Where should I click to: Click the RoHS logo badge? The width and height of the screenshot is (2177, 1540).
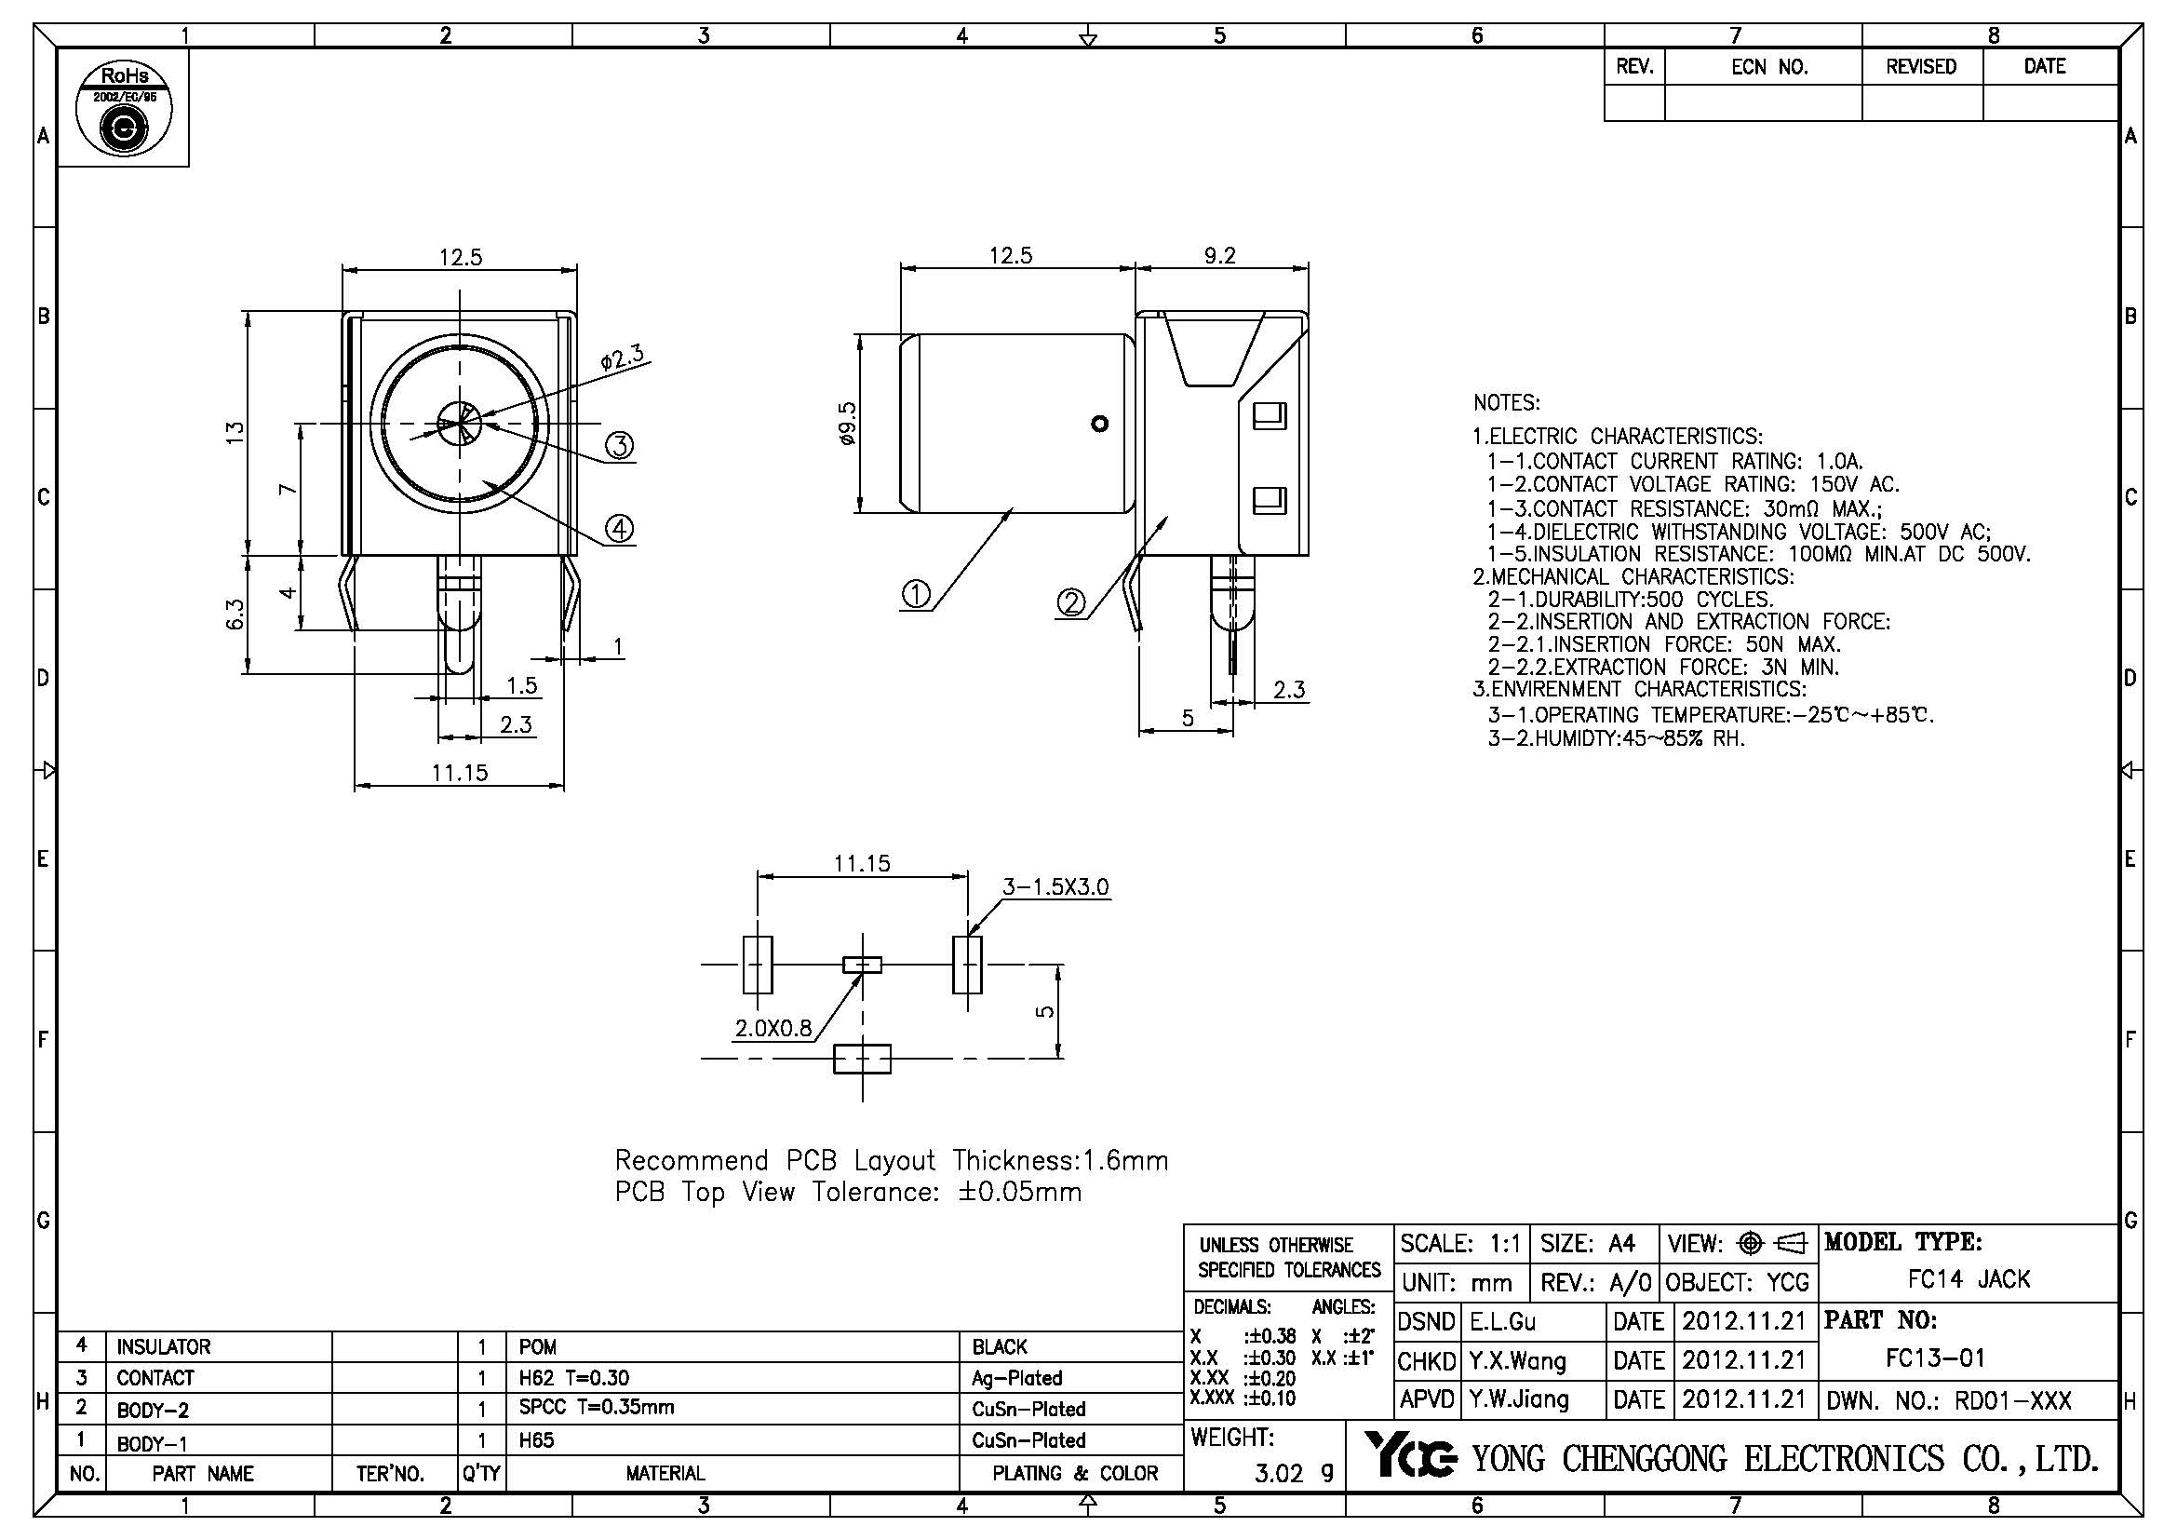[x=123, y=109]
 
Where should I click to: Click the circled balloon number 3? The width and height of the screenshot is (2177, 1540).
[x=619, y=445]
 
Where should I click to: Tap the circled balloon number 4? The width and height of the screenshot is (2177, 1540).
[x=619, y=528]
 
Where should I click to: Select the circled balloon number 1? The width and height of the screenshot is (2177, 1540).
[x=916, y=595]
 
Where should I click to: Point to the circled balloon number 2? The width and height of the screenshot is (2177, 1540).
[x=1071, y=602]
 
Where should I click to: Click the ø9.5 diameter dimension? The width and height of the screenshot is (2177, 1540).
[x=848, y=424]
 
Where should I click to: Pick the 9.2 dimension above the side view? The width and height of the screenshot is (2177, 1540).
[x=1220, y=255]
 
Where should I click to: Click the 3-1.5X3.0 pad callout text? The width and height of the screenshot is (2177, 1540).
[x=1055, y=886]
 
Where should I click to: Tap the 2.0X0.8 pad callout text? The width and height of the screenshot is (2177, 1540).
[x=773, y=1028]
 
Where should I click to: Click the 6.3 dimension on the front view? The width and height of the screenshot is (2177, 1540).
[x=236, y=614]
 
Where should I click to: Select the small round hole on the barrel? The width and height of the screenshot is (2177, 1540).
[x=1100, y=423]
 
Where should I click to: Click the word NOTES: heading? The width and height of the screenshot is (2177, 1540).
[x=1507, y=403]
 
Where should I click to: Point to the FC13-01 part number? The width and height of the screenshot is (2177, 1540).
[x=1935, y=1358]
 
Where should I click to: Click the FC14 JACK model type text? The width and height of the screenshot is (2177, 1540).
[x=1969, y=1279]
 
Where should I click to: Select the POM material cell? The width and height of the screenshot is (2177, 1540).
[x=538, y=1346]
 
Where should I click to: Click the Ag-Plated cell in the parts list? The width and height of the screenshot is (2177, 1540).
[x=1016, y=1378]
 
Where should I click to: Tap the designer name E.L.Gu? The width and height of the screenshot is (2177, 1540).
[x=1503, y=1322]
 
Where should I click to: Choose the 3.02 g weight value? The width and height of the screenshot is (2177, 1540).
[x=1295, y=1473]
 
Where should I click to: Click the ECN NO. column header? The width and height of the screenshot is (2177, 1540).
[x=1769, y=66]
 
